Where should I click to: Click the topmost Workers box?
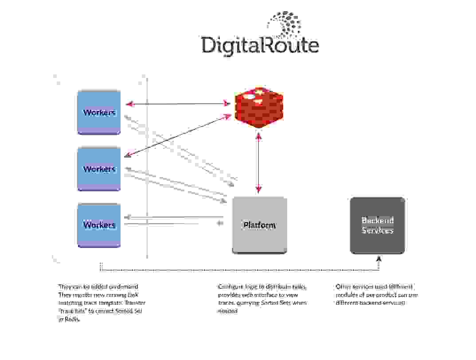click(x=99, y=112)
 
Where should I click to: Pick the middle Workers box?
click(x=99, y=169)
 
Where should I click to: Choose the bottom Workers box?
click(x=99, y=225)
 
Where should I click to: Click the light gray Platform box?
click(x=259, y=225)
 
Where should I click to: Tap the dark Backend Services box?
click(x=377, y=225)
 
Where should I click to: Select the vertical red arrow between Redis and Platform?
click(x=258, y=163)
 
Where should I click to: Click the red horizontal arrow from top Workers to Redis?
click(x=177, y=104)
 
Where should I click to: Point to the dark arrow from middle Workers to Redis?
click(x=177, y=136)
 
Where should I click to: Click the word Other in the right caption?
click(x=343, y=286)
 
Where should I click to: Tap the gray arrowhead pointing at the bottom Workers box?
click(x=127, y=217)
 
